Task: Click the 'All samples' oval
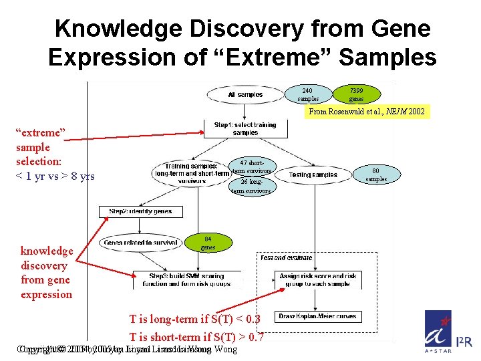[x=245, y=95]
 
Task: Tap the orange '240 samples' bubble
[x=307, y=94]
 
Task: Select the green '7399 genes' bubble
[x=356, y=94]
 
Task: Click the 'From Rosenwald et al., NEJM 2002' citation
[x=365, y=112]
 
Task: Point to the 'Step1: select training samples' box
[x=245, y=128]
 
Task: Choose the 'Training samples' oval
[x=192, y=173]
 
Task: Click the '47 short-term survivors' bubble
[x=252, y=166]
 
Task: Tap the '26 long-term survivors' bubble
[x=251, y=186]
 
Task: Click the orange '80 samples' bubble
[x=376, y=174]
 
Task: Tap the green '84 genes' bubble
[x=208, y=243]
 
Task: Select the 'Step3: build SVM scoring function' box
[x=187, y=280]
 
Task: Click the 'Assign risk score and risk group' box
[x=317, y=279]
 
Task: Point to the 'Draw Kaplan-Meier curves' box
[x=317, y=316]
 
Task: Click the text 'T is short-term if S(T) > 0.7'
[x=196, y=338]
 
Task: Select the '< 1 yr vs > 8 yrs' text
[x=55, y=176]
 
